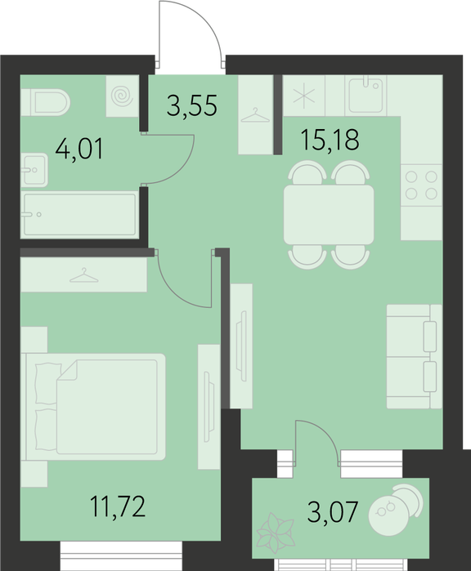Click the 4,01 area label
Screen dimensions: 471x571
79,149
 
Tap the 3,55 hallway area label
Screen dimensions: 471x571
192,105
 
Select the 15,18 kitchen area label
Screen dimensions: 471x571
330,140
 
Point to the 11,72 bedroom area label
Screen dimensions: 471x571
118,506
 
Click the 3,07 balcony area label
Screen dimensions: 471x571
332,511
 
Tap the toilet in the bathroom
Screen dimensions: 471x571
46,102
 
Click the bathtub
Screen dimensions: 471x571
79,215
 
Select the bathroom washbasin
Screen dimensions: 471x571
34,170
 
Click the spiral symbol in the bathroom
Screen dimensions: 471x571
122,96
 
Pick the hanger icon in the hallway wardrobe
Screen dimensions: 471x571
255,115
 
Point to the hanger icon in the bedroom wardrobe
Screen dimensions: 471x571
84,275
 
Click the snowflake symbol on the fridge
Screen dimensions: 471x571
304,96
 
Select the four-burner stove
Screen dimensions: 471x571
421,185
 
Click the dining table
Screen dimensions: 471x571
329,215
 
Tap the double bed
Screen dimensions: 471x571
93,407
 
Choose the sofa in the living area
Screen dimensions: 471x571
415,356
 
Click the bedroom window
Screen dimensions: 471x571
121,555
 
